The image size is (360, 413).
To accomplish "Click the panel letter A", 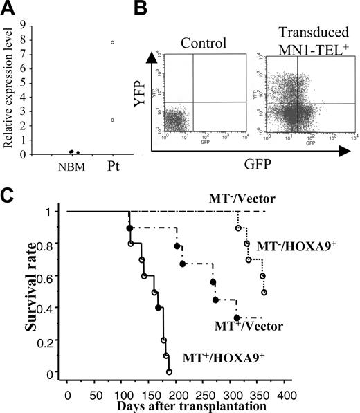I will click(x=9, y=9).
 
